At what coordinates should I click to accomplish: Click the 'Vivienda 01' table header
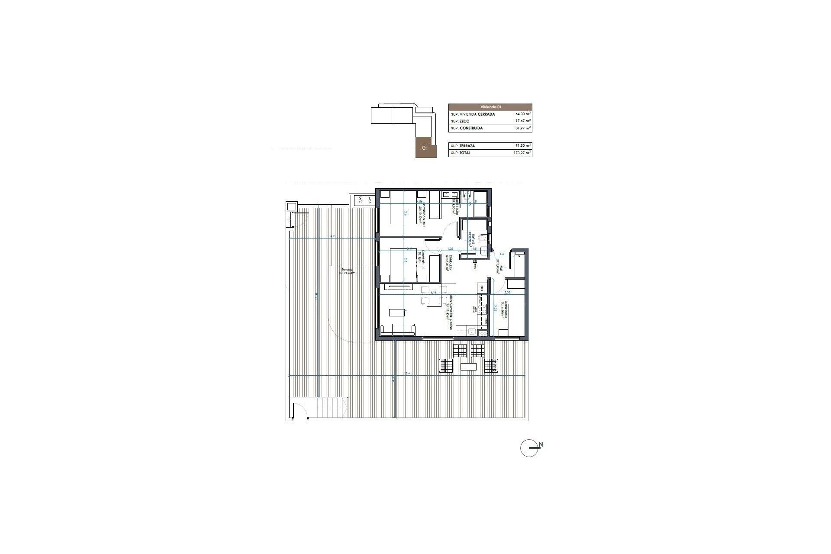click(490, 107)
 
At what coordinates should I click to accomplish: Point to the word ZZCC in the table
click(464, 121)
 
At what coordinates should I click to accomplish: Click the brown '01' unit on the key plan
click(425, 148)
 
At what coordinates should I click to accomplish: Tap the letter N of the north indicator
click(541, 444)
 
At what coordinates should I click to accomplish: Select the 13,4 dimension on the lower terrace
click(407, 373)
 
